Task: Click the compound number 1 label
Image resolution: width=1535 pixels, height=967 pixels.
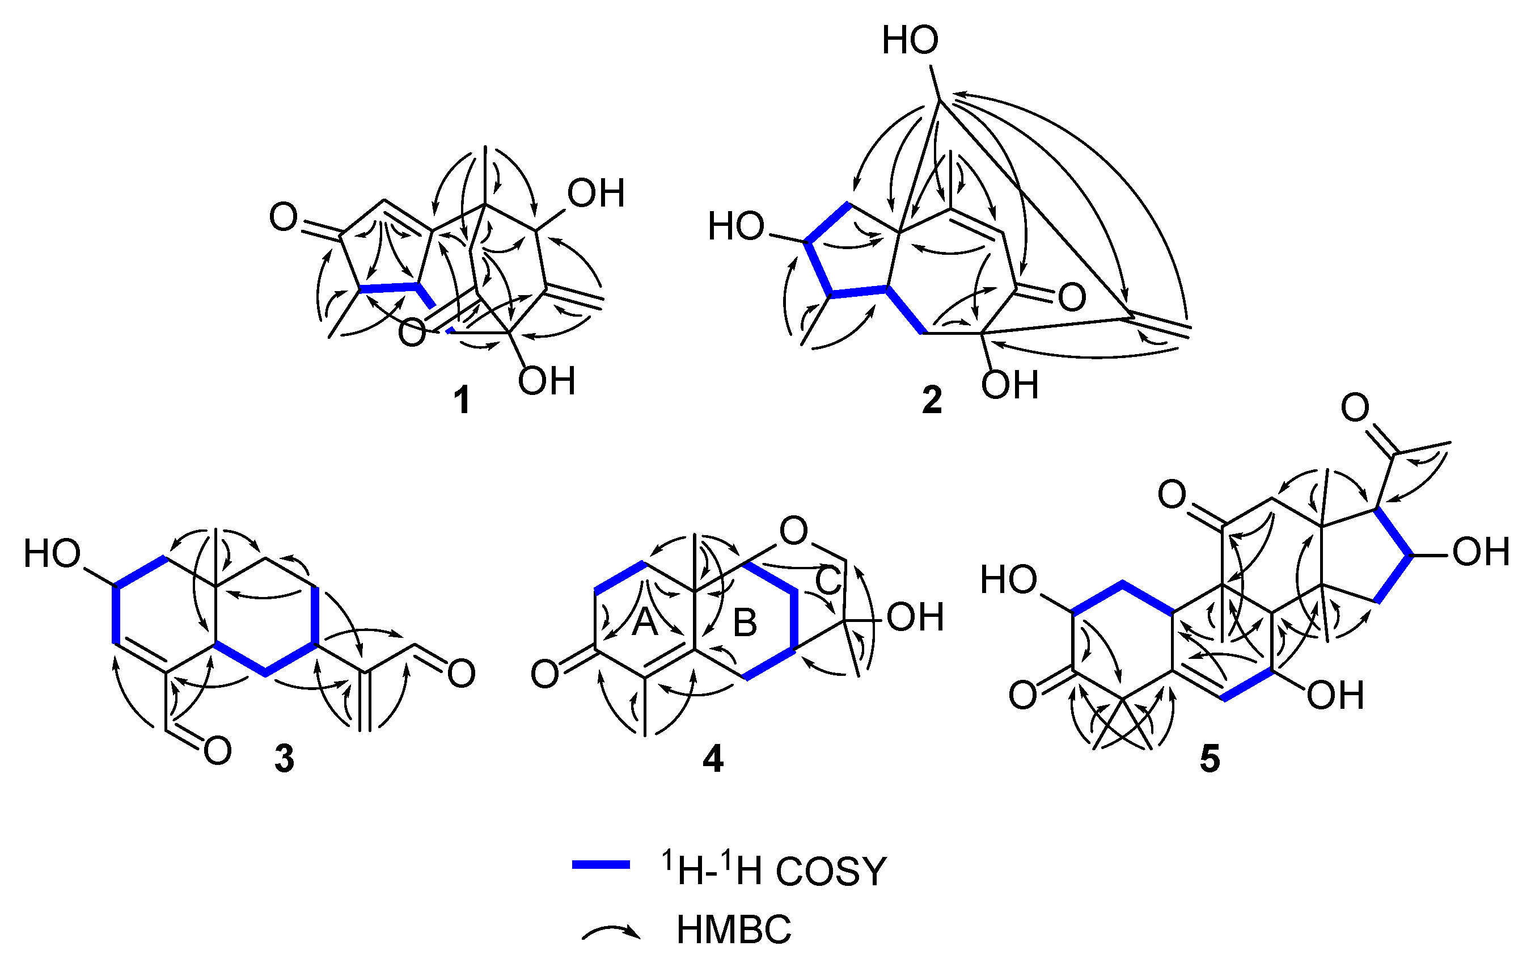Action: [x=462, y=401]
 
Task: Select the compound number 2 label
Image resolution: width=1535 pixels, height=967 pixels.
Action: [x=932, y=400]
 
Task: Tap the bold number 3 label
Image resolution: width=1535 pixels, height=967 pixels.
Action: [x=284, y=759]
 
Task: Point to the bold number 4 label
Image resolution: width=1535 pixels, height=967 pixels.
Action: [x=713, y=759]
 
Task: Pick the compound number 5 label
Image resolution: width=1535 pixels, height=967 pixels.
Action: [x=1210, y=759]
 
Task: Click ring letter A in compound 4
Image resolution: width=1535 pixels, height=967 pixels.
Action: [x=645, y=622]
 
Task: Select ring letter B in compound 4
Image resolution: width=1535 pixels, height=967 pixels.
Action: [x=745, y=623]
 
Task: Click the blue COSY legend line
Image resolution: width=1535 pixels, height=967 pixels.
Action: [x=601, y=865]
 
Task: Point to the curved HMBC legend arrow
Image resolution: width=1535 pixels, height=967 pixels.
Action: [x=611, y=933]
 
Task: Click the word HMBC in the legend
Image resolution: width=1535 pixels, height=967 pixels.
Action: [x=733, y=930]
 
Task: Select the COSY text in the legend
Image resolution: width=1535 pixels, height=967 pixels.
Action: [x=831, y=871]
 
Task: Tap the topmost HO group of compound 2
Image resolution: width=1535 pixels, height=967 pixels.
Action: [x=910, y=41]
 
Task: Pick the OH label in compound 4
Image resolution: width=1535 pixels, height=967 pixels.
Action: [x=915, y=617]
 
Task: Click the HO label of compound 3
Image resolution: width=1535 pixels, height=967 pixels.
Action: [x=52, y=554]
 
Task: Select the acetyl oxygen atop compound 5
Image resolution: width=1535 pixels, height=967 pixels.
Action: [x=1355, y=407]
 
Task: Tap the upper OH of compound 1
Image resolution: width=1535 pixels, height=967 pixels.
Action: [x=596, y=194]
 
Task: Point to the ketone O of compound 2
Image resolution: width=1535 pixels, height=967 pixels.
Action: [x=1072, y=297]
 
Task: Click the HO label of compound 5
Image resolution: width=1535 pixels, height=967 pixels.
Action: [x=1008, y=581]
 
